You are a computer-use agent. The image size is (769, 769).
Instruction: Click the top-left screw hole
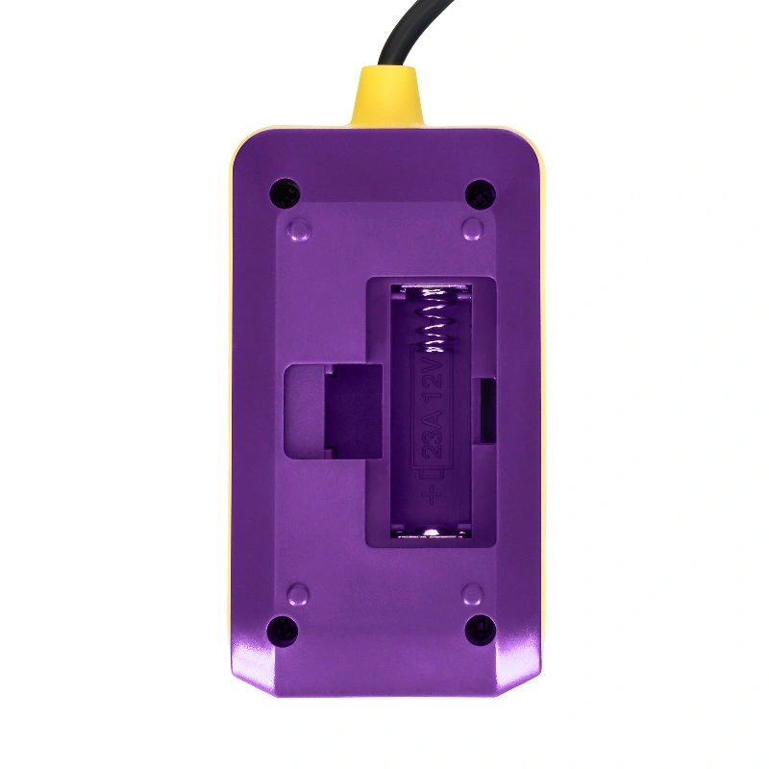tap(285, 193)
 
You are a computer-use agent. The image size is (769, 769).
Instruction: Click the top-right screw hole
tap(480, 194)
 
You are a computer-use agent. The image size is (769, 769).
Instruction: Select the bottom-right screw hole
tap(480, 630)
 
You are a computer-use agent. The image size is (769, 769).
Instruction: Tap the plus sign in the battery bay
tap(432, 494)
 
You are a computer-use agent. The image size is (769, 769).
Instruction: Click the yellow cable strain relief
tap(385, 97)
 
